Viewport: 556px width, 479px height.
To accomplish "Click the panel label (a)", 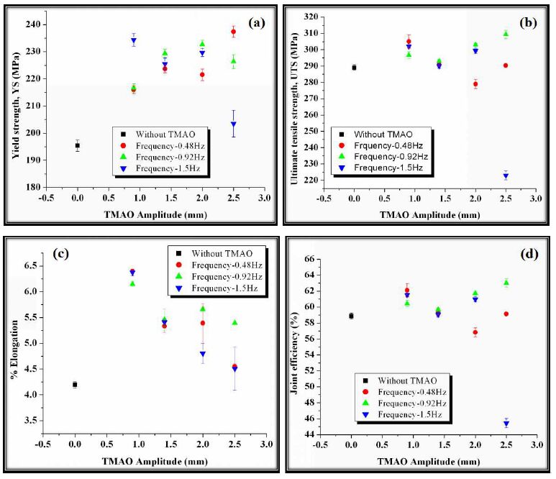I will tap(256, 23).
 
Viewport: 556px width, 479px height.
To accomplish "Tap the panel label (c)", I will tap(60, 254).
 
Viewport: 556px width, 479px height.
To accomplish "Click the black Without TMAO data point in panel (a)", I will tap(78, 145).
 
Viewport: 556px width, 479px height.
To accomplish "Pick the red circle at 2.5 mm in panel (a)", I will tap(233, 32).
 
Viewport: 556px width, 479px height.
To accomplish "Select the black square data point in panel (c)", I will tap(75, 385).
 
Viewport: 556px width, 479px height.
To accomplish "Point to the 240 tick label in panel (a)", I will tap(41, 23).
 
